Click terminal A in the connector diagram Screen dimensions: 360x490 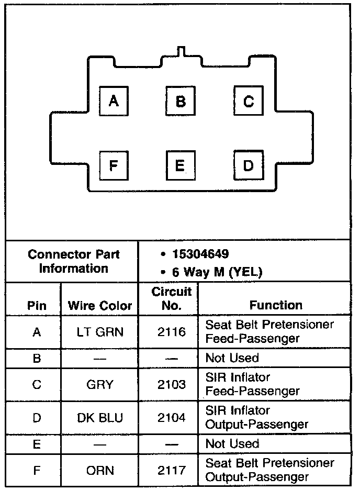coord(113,101)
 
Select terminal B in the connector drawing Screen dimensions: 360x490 coord(180,101)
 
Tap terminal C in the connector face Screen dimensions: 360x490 coord(248,101)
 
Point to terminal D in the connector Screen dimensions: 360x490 coord(248,166)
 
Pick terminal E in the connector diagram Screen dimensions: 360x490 coord(180,166)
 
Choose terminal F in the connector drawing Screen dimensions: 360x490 coord(113,166)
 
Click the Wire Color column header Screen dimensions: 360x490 coord(100,306)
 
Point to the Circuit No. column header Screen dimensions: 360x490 coord(172,298)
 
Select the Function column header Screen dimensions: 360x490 coord(276,305)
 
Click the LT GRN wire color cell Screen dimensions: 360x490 coord(100,332)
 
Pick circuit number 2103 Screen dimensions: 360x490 coord(172,385)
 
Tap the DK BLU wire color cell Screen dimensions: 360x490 coord(100,417)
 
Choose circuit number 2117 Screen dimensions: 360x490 coord(172,470)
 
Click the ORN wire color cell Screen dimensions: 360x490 coord(100,470)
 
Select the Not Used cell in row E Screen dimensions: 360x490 coord(232,444)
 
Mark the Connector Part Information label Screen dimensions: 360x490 coord(74,261)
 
